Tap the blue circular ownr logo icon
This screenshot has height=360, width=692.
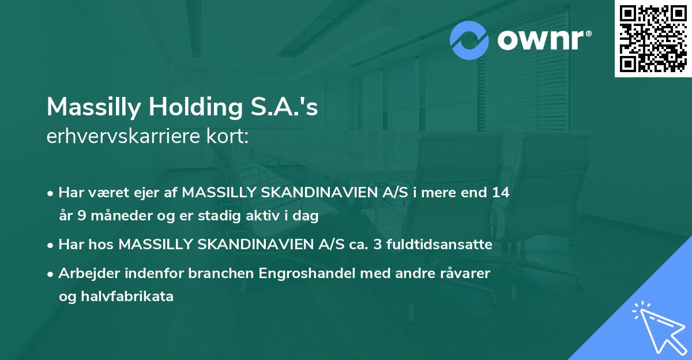pyautogui.click(x=469, y=40)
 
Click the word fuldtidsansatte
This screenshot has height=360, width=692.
pyautogui.click(x=443, y=245)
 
